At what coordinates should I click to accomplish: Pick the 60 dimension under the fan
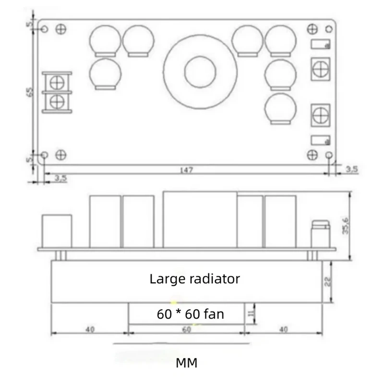coord(186,330)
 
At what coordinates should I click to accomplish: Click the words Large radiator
coord(194,278)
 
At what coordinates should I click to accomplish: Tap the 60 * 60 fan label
coord(191,314)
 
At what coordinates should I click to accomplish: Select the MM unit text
coord(186,362)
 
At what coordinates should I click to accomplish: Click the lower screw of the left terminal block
coord(57,101)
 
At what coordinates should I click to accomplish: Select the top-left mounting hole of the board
coord(44,29)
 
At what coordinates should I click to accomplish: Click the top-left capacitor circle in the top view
coord(105,39)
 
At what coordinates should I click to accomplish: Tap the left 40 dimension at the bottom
coord(90,330)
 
